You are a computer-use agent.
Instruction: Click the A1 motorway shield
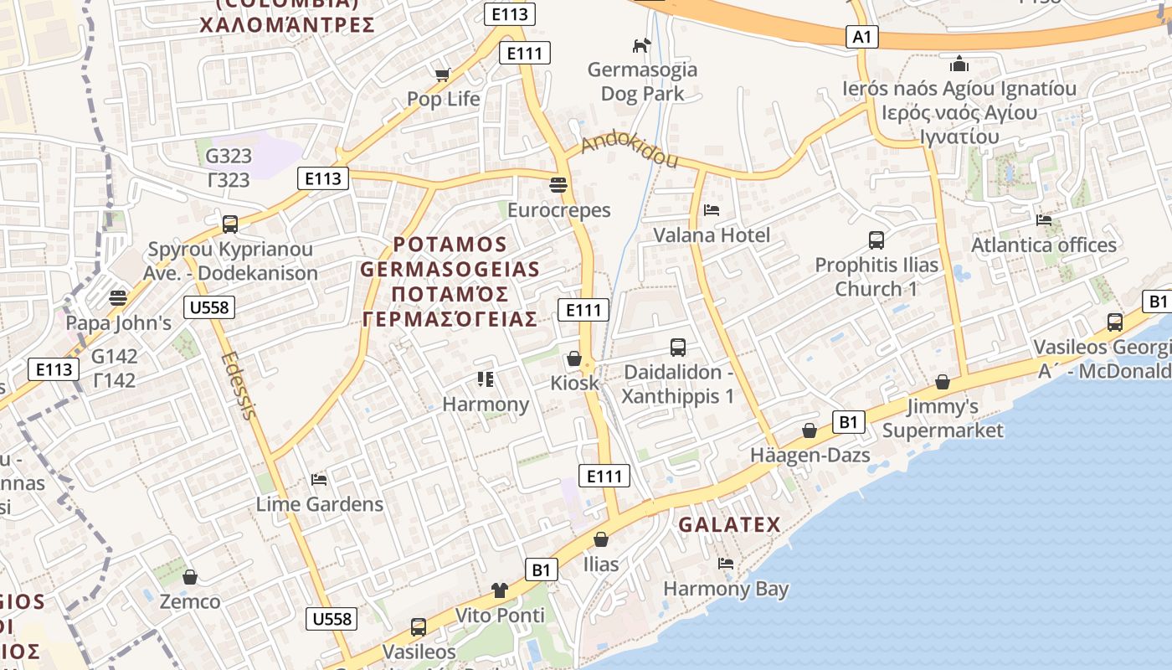point(863,37)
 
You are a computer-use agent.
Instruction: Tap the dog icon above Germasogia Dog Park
point(641,45)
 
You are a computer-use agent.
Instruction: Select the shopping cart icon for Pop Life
point(443,75)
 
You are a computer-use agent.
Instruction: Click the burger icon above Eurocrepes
point(558,184)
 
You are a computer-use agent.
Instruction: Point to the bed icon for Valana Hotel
point(712,209)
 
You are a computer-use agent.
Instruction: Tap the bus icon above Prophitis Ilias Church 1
point(876,240)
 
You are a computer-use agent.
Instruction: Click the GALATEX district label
point(729,525)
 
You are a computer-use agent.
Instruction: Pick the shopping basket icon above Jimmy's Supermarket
point(943,382)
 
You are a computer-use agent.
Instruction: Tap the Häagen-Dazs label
point(810,456)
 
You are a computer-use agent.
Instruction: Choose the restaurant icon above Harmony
point(486,379)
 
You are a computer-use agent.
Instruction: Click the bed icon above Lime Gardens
point(319,479)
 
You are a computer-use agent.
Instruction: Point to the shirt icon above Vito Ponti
point(500,590)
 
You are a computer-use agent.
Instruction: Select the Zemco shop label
point(190,601)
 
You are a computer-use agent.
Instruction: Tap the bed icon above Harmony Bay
point(726,563)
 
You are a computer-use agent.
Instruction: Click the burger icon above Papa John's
point(118,297)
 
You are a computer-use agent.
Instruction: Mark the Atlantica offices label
point(1043,245)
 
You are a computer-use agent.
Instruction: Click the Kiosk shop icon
point(574,358)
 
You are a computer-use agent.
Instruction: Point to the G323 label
point(228,156)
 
